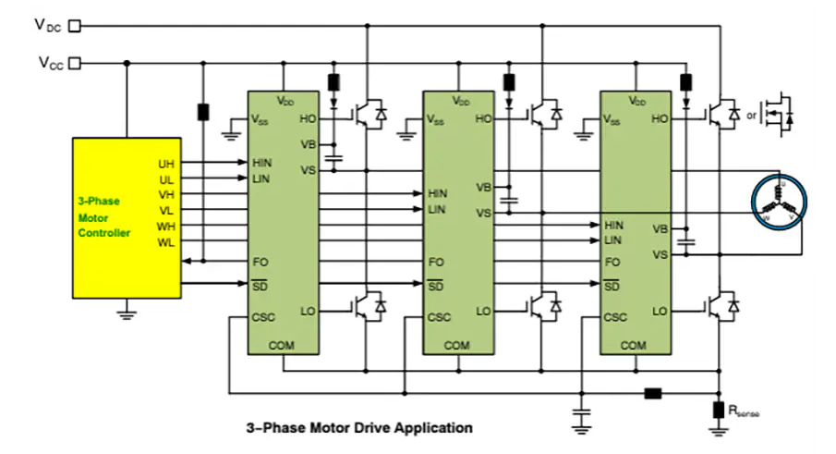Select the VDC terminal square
tap(76, 26)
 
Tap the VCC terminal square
tap(76, 63)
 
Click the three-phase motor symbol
tap(779, 201)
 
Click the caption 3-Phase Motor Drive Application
tap(359, 428)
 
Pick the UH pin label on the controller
tap(166, 164)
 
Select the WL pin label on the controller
tap(166, 242)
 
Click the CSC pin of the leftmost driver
tap(262, 317)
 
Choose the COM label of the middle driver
tap(457, 345)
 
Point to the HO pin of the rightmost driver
tap(660, 118)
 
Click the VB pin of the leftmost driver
tap(309, 143)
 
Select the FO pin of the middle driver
tap(436, 263)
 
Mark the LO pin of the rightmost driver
tap(660, 312)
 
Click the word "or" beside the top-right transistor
tap(751, 116)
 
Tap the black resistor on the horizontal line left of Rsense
tap(653, 394)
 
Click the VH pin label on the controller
tap(166, 195)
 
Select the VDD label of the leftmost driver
tap(285, 99)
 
